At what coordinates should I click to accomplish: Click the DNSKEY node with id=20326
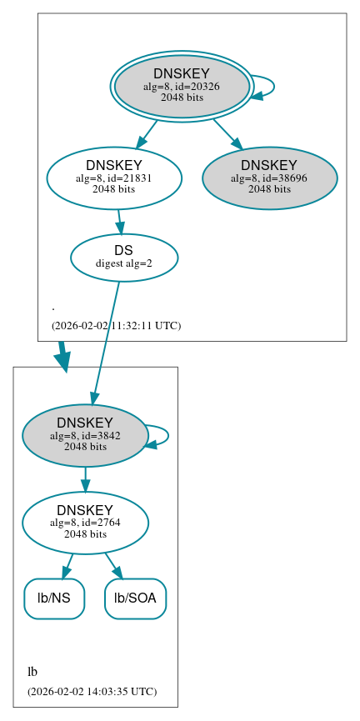coord(181,86)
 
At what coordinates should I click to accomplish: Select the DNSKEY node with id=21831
coord(114,178)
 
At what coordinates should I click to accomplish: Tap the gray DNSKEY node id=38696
coord(269,178)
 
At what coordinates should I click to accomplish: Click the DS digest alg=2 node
coord(124,257)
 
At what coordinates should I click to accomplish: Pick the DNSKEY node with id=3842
coord(85,435)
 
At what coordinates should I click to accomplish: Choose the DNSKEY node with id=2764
coord(85,523)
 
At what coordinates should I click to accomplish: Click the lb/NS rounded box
coord(54,598)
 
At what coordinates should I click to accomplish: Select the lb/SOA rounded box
coord(135,598)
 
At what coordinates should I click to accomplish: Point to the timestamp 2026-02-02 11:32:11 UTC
coord(116,325)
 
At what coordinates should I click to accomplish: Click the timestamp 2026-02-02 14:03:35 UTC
coord(92,691)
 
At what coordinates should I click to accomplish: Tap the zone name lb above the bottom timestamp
coord(32,672)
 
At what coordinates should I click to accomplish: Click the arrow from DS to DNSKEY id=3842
coord(105,342)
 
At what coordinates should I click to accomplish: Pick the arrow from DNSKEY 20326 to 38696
coord(226,133)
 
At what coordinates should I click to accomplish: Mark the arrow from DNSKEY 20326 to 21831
coord(147,133)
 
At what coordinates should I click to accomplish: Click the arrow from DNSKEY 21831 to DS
coord(120,222)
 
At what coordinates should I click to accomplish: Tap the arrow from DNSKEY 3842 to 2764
coord(85,479)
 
